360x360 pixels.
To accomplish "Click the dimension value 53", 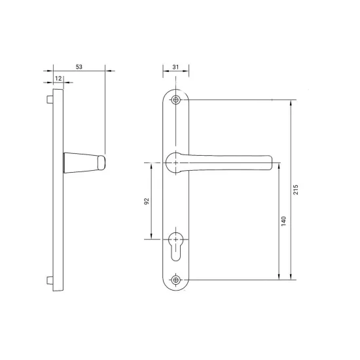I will [79, 66].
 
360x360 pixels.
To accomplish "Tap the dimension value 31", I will [175, 66].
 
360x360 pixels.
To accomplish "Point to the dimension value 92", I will [147, 202].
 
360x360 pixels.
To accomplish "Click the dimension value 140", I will [283, 222].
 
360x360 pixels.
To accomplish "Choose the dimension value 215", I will [297, 190].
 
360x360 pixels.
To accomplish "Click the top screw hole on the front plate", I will [175, 100].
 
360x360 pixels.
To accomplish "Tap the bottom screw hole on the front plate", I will [175, 280].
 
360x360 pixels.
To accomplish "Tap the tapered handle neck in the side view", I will [79, 161].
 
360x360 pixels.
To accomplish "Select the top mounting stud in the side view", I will [49, 101].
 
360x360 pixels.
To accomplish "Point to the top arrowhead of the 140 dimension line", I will [279, 164].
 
